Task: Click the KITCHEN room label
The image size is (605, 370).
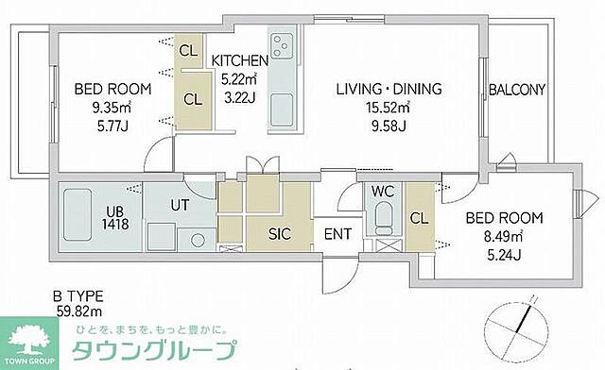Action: coord(239,60)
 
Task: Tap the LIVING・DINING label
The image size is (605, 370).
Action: coord(389,91)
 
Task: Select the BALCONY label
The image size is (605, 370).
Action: coord(517,91)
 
